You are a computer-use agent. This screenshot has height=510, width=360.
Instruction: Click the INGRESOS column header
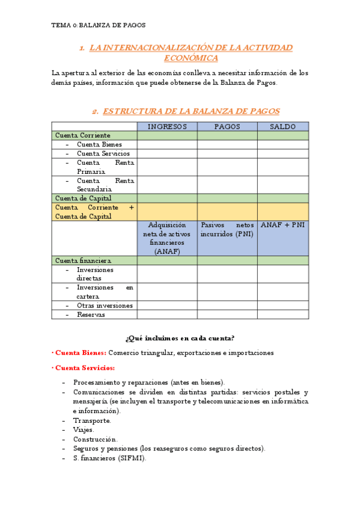click(x=167, y=126)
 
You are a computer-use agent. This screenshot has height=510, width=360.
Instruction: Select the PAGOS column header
click(x=227, y=126)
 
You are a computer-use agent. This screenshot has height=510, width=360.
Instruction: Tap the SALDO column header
click(x=282, y=126)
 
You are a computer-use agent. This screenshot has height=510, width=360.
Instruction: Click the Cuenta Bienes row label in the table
click(x=99, y=144)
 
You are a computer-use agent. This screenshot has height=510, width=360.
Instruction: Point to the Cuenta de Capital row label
click(x=84, y=198)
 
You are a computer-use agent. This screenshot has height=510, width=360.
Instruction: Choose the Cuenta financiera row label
click(x=84, y=260)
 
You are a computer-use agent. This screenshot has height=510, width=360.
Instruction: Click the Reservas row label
click(x=91, y=314)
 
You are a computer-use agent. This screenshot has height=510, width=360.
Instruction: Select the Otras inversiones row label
click(x=105, y=305)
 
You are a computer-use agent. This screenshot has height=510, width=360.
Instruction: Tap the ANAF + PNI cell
click(x=282, y=225)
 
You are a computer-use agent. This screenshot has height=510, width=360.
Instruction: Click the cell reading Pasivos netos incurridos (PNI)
click(x=227, y=229)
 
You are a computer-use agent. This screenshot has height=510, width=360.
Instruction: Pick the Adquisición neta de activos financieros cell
click(x=167, y=238)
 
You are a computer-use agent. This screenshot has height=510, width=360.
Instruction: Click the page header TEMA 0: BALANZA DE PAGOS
click(x=99, y=25)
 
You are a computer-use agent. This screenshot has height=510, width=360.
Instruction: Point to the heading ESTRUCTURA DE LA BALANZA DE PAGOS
click(x=191, y=111)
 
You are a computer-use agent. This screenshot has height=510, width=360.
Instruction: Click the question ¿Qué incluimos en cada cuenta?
click(x=180, y=337)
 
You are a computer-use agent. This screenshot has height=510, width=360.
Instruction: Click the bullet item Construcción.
click(x=95, y=439)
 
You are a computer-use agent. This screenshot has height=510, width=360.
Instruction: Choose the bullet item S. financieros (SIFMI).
click(x=109, y=458)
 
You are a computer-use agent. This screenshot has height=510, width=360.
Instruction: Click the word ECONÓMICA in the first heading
click(x=191, y=58)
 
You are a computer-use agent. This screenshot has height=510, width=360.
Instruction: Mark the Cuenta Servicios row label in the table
click(x=103, y=153)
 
